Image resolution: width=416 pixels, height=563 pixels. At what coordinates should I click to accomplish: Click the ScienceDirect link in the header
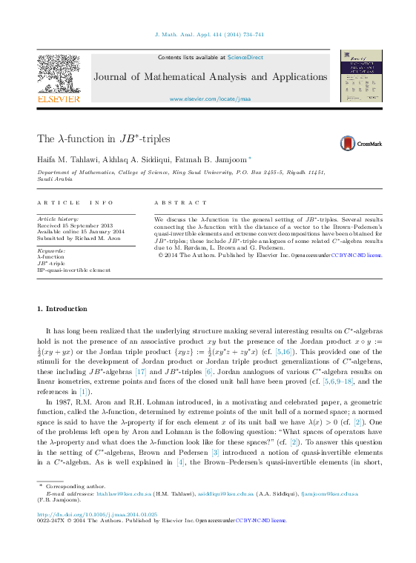point(245,57)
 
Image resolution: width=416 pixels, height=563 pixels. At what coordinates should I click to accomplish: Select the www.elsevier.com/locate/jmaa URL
point(210,99)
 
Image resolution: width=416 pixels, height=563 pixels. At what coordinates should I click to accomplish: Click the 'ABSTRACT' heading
point(181,202)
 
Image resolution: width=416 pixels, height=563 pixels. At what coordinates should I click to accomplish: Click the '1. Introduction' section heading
point(62,308)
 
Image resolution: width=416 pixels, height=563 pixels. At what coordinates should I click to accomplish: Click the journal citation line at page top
point(208,35)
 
